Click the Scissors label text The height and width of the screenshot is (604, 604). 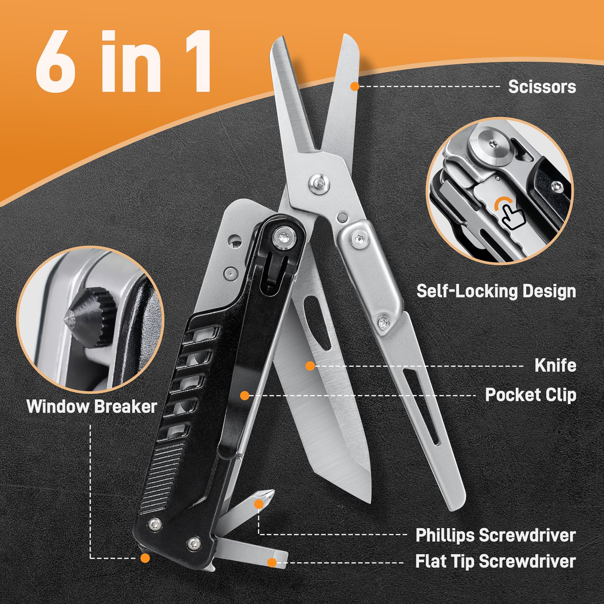coord(542,87)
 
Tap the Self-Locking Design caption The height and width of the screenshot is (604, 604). coord(496,291)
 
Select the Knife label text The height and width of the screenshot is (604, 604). coord(555,365)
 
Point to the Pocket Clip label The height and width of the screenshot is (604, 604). coord(530,395)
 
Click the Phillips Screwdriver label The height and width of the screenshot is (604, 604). coord(495,535)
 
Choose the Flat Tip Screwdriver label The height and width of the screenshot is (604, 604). coord(495,561)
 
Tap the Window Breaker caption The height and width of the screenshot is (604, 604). coord(92,407)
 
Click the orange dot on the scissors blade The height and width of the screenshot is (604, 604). coord(354,86)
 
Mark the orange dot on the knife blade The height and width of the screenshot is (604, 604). coord(310,365)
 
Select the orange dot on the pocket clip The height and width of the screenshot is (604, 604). coord(245,396)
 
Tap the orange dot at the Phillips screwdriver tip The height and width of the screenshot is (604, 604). coord(259,504)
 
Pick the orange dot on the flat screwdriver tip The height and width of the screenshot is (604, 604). coord(271,562)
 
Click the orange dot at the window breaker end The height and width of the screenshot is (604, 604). coord(145,558)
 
